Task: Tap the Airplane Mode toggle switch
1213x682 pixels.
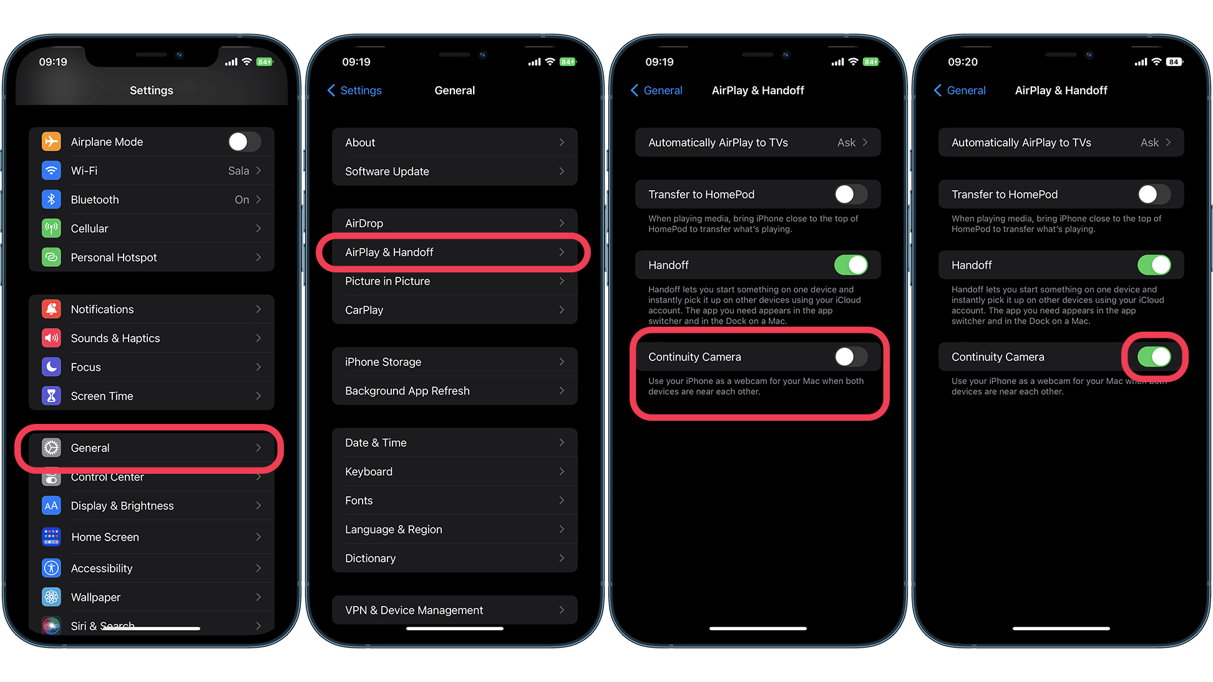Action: pos(244,142)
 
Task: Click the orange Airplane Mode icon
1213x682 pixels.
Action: pos(51,142)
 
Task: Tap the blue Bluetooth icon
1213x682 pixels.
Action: pos(51,199)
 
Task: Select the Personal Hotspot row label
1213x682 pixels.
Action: pos(114,257)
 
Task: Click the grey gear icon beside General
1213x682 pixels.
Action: pos(51,448)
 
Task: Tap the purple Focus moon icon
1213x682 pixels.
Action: pos(51,367)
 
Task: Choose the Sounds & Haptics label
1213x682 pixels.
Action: pos(115,339)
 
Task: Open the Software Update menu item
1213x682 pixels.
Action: pos(387,171)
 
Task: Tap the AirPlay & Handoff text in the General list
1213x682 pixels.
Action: pos(389,252)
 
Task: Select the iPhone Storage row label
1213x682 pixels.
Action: pos(383,362)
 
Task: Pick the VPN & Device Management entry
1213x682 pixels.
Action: pos(414,610)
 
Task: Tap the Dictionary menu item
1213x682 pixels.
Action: pos(371,559)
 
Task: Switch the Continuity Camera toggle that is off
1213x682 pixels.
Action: pos(850,357)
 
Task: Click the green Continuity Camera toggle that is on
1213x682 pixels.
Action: pos(1154,357)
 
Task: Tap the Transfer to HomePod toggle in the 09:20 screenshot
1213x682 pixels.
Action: pos(1154,195)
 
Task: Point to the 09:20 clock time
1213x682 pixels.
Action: pos(963,62)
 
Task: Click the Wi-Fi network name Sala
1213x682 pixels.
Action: pos(238,171)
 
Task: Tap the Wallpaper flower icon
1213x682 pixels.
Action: pos(51,597)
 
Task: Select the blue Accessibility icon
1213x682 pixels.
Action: pos(51,568)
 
